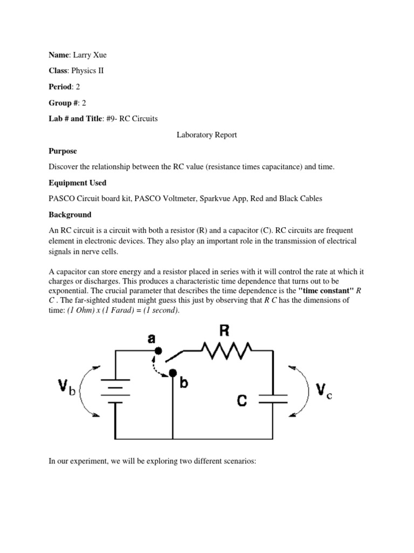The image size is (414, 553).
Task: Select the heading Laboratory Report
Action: (x=207, y=135)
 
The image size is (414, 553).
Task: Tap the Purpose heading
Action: (x=63, y=151)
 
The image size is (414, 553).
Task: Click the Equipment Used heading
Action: (x=78, y=183)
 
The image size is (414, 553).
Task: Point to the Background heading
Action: (x=70, y=214)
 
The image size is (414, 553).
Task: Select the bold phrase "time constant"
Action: (x=326, y=289)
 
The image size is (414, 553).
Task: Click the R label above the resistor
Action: (x=225, y=329)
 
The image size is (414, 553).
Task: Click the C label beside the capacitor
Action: (x=243, y=401)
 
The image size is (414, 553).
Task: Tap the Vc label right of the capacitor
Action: (x=322, y=390)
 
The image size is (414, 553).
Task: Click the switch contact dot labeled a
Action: (x=158, y=350)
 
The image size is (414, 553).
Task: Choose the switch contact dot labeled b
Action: (x=172, y=373)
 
